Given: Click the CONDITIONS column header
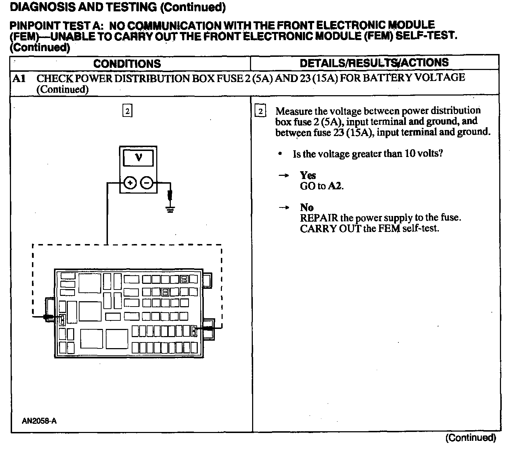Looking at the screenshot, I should (127, 64).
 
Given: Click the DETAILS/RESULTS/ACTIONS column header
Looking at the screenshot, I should (374, 63).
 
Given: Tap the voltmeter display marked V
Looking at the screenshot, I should (138, 158).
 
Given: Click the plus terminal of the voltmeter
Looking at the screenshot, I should (130, 183).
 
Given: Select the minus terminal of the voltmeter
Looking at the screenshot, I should (147, 183).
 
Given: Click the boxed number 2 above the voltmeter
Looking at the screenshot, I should (127, 111).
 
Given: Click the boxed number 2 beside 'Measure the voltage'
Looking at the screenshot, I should (260, 111).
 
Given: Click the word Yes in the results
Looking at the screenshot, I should (308, 175).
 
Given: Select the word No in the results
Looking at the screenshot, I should (306, 207).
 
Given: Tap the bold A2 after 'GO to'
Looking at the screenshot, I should (335, 186).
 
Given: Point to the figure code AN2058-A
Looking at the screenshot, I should (39, 421).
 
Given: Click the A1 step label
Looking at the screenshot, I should (19, 78).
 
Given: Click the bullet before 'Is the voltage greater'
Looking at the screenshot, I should (280, 154).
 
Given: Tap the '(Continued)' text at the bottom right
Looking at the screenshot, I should (470, 438).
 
